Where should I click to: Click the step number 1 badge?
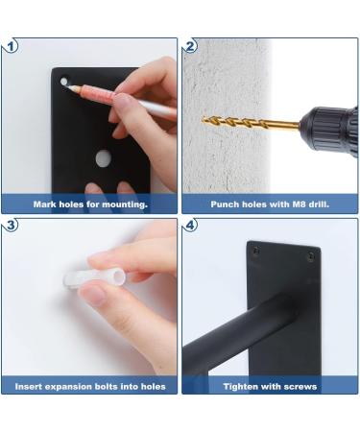pos(11,47)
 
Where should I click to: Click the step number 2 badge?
pos(190,47)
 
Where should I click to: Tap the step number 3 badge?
pos(11,225)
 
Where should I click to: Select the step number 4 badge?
pos(190,225)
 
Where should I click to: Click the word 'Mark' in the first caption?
pos(43,204)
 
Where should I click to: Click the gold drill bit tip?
pos(204,119)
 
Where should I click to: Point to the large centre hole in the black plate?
pos(103,158)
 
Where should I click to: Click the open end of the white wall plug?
pos(120,276)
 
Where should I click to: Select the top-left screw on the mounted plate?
pos(256,251)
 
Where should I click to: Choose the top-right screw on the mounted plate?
pos(311,255)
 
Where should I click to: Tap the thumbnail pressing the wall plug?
pos(95,295)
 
